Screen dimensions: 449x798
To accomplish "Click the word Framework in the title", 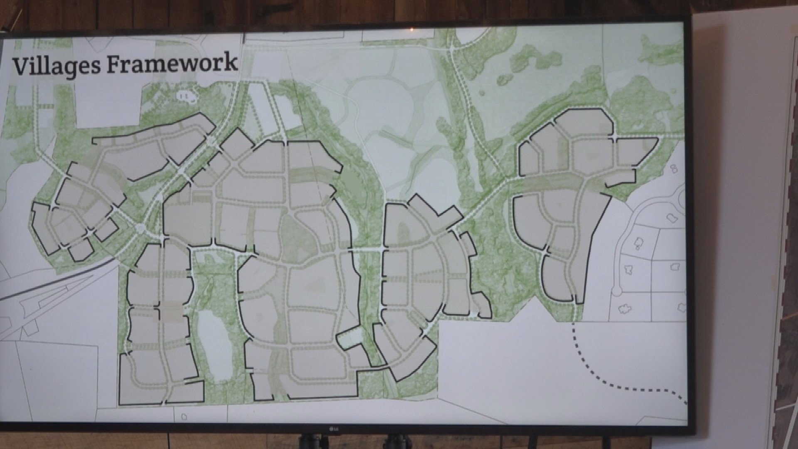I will point(170,63).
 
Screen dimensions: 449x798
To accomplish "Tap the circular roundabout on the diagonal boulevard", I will point(140,228).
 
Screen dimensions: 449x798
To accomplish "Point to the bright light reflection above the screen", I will point(411,30).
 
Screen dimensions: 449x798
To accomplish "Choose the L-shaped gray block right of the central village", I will point(436,212).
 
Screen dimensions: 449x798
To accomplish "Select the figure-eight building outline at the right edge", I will point(673,168).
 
